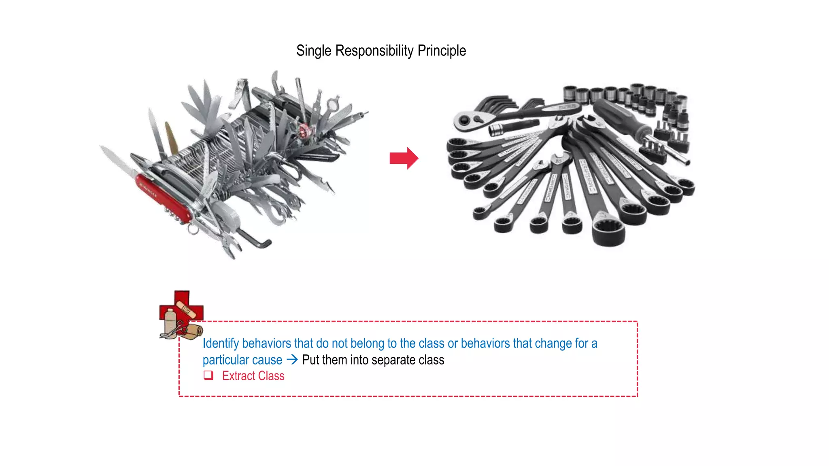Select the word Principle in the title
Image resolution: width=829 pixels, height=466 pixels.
click(x=442, y=51)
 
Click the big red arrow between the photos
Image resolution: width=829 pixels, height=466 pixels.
click(x=404, y=158)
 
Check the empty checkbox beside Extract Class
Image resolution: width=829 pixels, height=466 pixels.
click(x=208, y=375)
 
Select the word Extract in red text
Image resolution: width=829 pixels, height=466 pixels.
click(x=238, y=376)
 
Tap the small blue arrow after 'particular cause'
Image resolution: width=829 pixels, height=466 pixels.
click(x=292, y=359)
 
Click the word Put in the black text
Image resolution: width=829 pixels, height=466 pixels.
click(x=310, y=360)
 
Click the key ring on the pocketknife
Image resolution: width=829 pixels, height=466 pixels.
click(x=193, y=230)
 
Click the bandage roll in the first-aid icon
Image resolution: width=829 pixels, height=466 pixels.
click(x=193, y=330)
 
